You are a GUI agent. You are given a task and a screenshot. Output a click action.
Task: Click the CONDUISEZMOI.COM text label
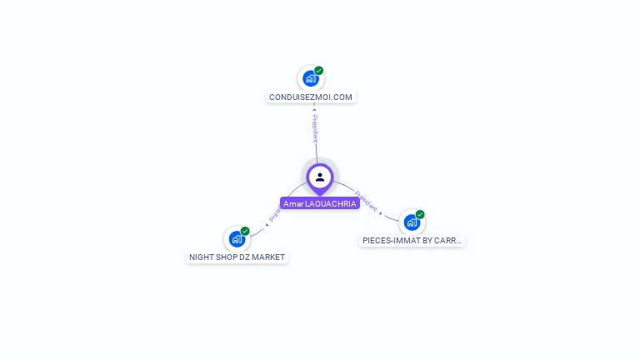[x=311, y=97]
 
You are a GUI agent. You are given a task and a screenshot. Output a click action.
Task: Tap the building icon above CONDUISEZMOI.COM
[x=311, y=79]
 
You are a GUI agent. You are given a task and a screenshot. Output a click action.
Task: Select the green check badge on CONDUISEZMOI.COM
[x=319, y=71]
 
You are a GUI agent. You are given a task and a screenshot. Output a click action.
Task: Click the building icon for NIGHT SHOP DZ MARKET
[x=237, y=240]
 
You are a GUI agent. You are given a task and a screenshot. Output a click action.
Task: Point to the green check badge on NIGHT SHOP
[x=245, y=231]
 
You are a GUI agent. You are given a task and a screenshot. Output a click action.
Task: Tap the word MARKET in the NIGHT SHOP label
[x=268, y=257]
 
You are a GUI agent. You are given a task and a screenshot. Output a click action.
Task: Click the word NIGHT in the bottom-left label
[x=202, y=257]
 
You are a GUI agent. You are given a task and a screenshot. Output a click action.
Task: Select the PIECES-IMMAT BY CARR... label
[x=412, y=240]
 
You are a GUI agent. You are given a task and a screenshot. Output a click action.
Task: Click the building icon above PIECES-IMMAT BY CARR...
[x=412, y=222]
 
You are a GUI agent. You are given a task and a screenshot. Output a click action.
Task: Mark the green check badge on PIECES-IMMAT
[x=420, y=214]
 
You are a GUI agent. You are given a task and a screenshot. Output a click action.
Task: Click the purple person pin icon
[x=320, y=177]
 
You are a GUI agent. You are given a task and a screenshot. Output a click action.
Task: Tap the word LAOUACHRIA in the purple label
[x=331, y=203]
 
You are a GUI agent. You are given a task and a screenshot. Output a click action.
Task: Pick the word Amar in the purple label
[x=293, y=203]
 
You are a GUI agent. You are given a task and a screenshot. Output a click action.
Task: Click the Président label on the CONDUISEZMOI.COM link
[x=315, y=129]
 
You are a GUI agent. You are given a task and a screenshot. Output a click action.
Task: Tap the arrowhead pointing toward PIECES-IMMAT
[x=382, y=213]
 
